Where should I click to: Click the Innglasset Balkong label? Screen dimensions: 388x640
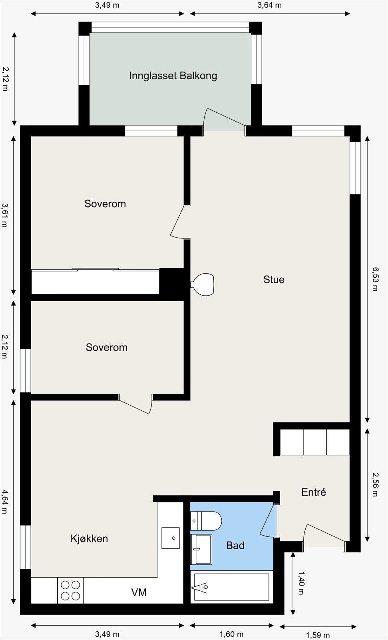[x=173, y=76]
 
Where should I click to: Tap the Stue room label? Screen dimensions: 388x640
[x=274, y=280]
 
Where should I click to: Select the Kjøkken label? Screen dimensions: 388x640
[x=90, y=538]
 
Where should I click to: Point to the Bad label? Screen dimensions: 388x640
[x=235, y=546]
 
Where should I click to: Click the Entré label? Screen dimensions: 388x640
[x=314, y=492]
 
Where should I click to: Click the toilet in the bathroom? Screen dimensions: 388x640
[x=206, y=521]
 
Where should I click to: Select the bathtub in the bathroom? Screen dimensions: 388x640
[x=231, y=587]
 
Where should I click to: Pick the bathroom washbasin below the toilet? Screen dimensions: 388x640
[x=201, y=549]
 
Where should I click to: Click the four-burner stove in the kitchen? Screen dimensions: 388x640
[x=70, y=590]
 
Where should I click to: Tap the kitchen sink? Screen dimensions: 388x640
[x=171, y=538]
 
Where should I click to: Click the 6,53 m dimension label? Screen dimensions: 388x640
[x=375, y=279]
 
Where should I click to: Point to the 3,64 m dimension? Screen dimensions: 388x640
[x=269, y=5]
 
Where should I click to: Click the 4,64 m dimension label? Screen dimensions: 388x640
[x=4, y=502]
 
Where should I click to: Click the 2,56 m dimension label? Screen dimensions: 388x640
[x=375, y=484]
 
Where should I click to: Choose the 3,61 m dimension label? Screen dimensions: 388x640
[x=4, y=215]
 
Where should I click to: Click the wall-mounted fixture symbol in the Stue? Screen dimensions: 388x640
[x=202, y=284]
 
